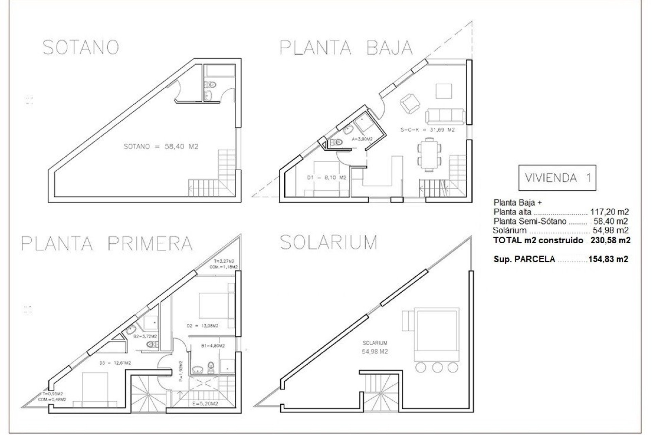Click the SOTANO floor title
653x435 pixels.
point(81,48)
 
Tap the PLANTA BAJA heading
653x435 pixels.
point(346,48)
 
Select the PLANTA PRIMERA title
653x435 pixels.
point(107,243)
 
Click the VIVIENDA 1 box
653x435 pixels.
point(557,178)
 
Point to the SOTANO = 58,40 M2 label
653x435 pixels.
point(161,147)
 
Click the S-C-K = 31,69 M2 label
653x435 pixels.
point(428,130)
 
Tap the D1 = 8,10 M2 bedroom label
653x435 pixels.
point(326,178)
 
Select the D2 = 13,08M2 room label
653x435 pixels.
point(202,326)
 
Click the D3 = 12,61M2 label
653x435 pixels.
point(115,363)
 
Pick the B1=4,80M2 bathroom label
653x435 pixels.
point(213,346)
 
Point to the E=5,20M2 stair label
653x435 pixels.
point(205,404)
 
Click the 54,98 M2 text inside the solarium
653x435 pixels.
point(375,352)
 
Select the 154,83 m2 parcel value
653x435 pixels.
point(608,259)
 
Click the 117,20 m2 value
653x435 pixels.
point(609,212)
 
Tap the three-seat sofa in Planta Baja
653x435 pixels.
point(445,117)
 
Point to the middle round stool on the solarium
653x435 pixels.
point(437,367)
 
